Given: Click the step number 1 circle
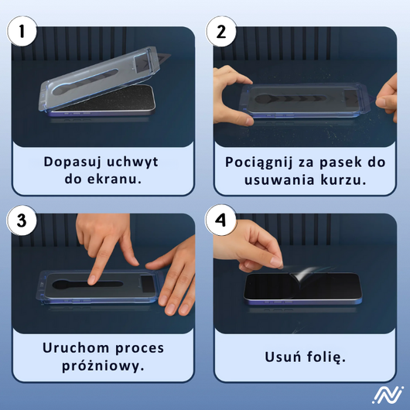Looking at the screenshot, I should point(22,32).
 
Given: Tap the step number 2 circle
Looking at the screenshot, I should point(221,32).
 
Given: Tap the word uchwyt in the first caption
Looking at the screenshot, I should point(132,162).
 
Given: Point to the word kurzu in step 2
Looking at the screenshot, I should point(342,180).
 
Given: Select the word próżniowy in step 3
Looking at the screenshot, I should point(101,367).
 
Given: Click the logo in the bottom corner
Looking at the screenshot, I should point(387,395).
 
